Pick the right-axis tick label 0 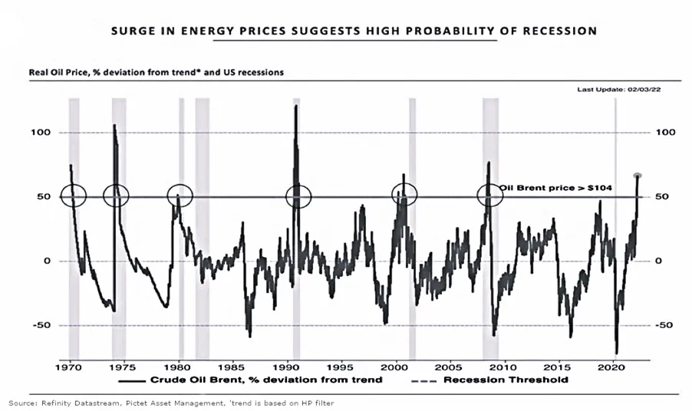pos(661,261)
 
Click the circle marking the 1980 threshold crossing pos(180,196)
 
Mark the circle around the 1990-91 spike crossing pos(298,196)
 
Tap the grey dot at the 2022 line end pos(638,176)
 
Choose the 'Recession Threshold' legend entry pos(522,379)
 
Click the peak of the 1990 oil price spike pos(296,105)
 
